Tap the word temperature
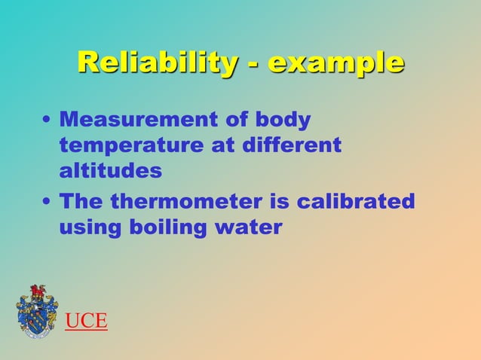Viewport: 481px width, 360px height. click(x=130, y=145)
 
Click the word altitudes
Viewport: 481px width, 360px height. click(x=110, y=170)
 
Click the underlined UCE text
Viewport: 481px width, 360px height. click(x=86, y=322)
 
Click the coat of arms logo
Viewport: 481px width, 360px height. click(x=36, y=311)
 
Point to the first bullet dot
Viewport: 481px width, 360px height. click(x=47, y=121)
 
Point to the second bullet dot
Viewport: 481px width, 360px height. click(x=47, y=203)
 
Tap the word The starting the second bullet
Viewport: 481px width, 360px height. click(x=81, y=202)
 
